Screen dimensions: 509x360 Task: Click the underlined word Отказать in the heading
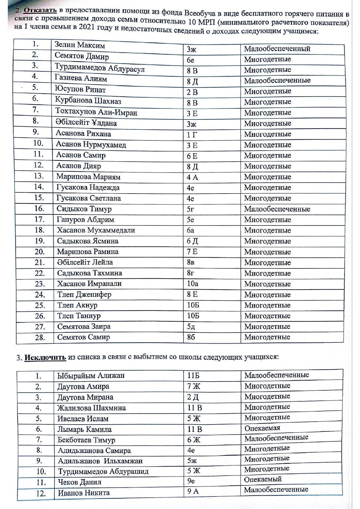coord(40,10)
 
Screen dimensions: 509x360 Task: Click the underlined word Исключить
coord(45,357)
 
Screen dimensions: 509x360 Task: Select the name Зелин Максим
coord(80,45)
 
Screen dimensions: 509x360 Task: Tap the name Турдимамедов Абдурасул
coord(100,68)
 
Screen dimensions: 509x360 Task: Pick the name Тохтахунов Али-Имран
coord(96,112)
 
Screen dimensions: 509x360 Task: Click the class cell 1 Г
coord(192,135)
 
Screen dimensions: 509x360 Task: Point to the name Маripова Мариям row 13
coord(88,177)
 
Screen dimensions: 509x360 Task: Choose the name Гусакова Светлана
coord(89,198)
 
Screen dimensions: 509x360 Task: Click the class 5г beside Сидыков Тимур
coord(190,209)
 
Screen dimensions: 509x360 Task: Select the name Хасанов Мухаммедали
coord(96,230)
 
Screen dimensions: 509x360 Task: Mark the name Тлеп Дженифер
coord(84,295)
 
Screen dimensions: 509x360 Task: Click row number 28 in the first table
coord(40,337)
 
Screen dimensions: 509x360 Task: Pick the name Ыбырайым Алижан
coord(91,376)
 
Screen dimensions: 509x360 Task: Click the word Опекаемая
coord(262,428)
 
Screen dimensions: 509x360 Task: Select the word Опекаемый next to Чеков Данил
coord(263,479)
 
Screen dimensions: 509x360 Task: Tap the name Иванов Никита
coord(84,493)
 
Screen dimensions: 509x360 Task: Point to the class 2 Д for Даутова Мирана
coord(193,397)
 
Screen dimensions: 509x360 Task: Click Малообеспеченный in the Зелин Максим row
coord(277,49)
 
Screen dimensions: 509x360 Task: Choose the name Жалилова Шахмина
coord(92,408)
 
